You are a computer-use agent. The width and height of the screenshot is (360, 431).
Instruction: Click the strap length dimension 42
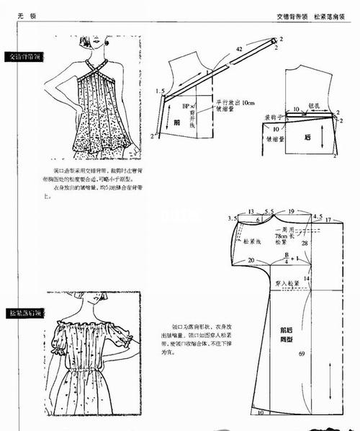238,49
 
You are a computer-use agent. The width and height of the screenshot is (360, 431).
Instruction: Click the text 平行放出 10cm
237,103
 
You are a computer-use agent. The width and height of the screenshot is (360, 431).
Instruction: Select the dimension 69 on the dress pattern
302,353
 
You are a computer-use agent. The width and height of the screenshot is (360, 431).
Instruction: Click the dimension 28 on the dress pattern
305,244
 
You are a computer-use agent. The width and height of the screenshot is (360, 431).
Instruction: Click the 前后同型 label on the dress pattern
287,334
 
